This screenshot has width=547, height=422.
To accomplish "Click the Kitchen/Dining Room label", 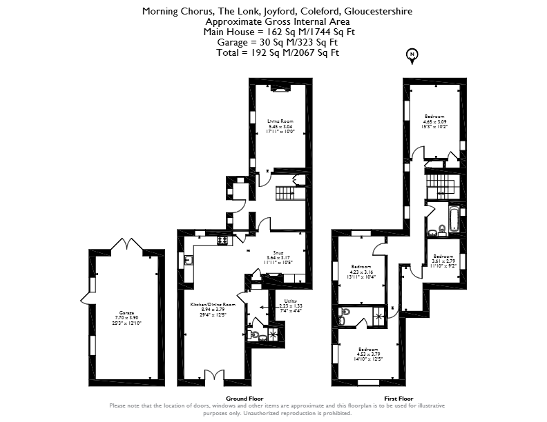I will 213,308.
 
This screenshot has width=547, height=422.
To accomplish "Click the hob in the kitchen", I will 224,241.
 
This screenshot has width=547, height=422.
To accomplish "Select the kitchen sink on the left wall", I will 188,259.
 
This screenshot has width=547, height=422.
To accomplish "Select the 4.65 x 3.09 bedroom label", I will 434,121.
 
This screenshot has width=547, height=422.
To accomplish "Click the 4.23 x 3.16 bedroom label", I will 361,272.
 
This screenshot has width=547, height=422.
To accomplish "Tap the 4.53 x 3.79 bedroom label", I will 367,354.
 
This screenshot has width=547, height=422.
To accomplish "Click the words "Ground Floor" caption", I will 245,399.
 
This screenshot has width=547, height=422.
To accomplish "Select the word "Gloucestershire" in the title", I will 378,12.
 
